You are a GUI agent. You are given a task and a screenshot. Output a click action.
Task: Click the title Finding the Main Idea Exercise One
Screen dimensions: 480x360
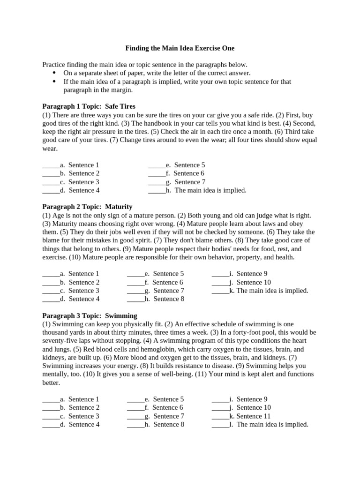click(x=180, y=48)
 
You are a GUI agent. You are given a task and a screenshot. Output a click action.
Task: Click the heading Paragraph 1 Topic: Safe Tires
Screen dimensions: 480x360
click(x=89, y=106)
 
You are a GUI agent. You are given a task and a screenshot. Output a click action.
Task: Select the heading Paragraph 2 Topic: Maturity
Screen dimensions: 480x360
click(x=87, y=207)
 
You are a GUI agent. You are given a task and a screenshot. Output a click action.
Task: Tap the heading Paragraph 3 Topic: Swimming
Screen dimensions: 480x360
click(x=90, y=316)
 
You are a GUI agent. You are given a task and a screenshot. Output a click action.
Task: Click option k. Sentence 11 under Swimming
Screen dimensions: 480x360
click(x=249, y=416)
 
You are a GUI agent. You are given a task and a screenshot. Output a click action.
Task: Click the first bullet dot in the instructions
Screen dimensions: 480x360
click(x=54, y=73)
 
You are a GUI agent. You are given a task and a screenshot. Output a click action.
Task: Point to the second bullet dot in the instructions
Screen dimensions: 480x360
click(x=54, y=82)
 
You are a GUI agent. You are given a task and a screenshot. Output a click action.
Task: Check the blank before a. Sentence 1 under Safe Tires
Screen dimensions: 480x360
click(x=51, y=165)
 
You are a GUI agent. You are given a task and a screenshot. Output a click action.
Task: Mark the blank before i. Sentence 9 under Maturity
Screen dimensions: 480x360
click(x=220, y=274)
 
